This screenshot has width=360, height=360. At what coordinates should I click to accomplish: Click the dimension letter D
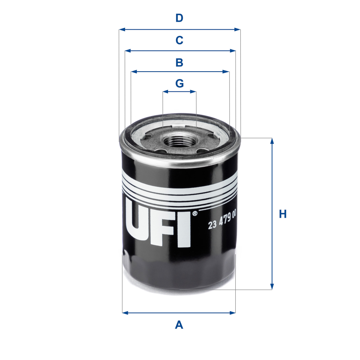(179, 18)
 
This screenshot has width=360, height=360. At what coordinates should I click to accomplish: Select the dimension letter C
(179, 40)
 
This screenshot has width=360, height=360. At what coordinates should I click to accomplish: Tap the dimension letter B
(179, 62)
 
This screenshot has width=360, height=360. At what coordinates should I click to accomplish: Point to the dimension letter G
(179, 83)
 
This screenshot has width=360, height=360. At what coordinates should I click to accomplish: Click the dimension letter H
(282, 214)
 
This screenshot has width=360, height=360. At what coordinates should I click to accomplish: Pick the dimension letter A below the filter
(179, 325)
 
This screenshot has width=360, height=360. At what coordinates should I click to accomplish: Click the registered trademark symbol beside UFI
(194, 214)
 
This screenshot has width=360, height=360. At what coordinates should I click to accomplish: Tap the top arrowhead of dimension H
(271, 141)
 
